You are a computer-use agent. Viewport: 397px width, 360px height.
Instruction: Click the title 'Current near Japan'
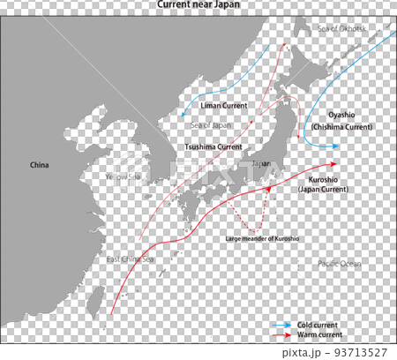coord(198,4)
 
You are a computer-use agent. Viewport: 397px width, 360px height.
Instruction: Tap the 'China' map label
coord(40,165)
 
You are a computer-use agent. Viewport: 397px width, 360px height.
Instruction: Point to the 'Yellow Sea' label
coord(123,176)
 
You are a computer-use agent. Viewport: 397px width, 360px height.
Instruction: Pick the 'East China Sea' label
coord(130,259)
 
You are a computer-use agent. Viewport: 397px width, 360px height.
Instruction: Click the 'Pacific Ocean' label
coord(340,264)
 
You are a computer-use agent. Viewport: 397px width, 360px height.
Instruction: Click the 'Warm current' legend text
coord(320,335)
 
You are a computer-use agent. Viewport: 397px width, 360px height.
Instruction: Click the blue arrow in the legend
coord(281,325)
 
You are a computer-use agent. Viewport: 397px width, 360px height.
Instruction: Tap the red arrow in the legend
coord(281,335)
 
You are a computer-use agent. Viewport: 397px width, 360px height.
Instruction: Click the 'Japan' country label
coord(261,164)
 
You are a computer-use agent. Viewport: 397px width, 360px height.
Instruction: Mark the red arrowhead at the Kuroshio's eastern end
coord(332,163)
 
